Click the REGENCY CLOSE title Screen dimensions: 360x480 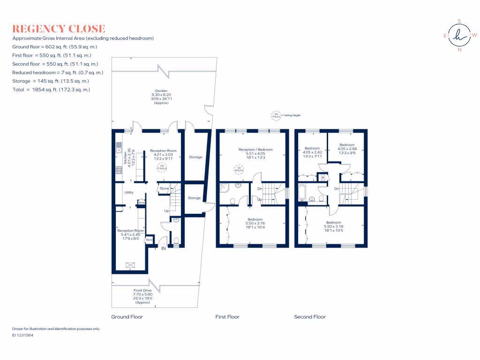pyautogui.click(x=59, y=29)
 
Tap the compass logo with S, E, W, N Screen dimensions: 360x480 pyautogui.click(x=459, y=35)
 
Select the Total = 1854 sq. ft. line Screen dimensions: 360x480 pyautogui.click(x=51, y=89)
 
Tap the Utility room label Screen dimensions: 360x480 pyautogui.click(x=129, y=192)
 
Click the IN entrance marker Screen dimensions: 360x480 pyautogui.click(x=164, y=248)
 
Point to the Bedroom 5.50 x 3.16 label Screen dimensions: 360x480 pyautogui.click(x=255, y=223)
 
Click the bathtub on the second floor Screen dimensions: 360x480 pyautogui.click(x=301, y=192)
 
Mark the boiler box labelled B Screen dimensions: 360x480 pyautogui.click(x=322, y=178)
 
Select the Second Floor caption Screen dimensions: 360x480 pyautogui.click(x=309, y=317)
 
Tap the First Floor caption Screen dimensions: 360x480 pyautogui.click(x=227, y=317)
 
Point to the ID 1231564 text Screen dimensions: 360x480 pyautogui.click(x=22, y=335)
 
